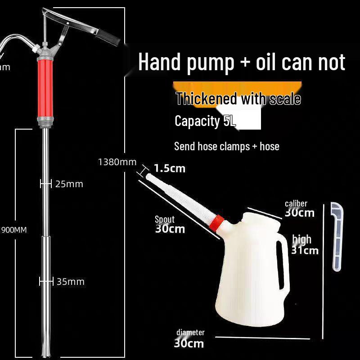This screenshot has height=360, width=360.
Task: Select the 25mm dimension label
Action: click(69, 184)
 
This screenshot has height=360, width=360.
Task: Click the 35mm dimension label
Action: click(70, 282)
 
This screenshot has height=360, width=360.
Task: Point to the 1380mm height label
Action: click(117, 162)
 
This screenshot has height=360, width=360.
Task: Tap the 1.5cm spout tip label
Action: click(170, 169)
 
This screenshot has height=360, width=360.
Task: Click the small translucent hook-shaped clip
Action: click(337, 236)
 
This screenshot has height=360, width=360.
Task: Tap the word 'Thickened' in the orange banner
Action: click(200, 99)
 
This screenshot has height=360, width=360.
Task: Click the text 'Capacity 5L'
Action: click(205, 121)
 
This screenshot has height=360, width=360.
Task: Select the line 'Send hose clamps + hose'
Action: click(226, 146)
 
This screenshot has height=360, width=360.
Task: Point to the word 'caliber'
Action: click(296, 204)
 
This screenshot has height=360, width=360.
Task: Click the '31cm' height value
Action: click(305, 250)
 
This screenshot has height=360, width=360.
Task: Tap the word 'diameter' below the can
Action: click(190, 333)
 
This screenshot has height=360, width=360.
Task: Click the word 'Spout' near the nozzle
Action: click(165, 220)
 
